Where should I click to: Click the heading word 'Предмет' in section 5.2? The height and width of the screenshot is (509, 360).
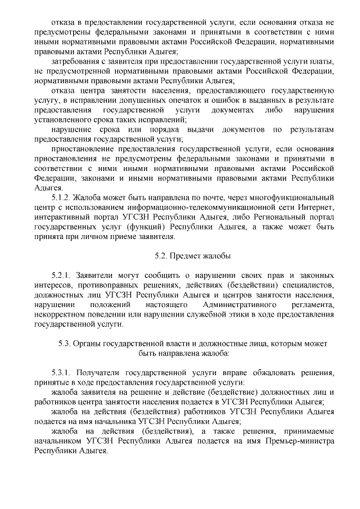coord(188,256)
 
